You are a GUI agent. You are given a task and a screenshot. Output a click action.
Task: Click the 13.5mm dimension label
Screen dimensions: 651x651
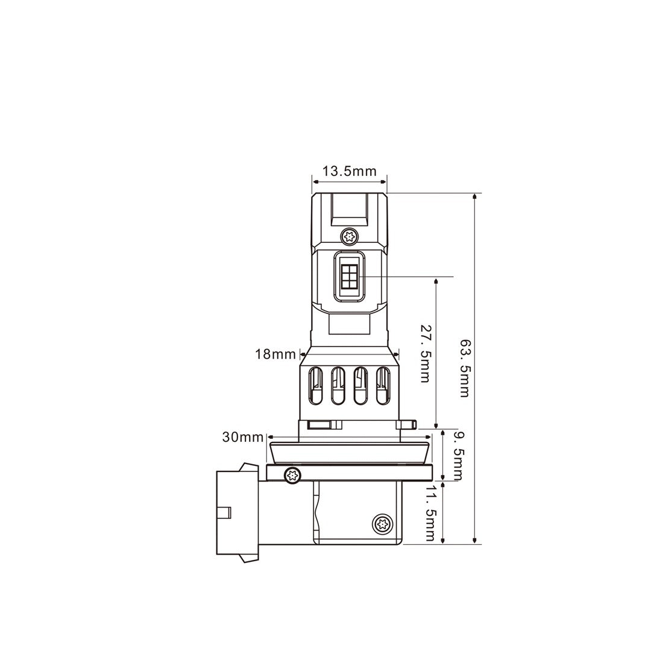350,171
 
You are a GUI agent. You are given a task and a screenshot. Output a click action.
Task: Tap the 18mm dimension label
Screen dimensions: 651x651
275,354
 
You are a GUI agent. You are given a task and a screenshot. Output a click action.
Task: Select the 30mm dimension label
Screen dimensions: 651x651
243,437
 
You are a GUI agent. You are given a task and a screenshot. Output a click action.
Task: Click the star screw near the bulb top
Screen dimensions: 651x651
349,237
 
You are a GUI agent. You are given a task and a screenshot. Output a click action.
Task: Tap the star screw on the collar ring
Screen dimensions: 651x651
292,474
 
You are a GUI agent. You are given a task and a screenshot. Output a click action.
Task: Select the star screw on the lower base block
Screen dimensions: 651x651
382,524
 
